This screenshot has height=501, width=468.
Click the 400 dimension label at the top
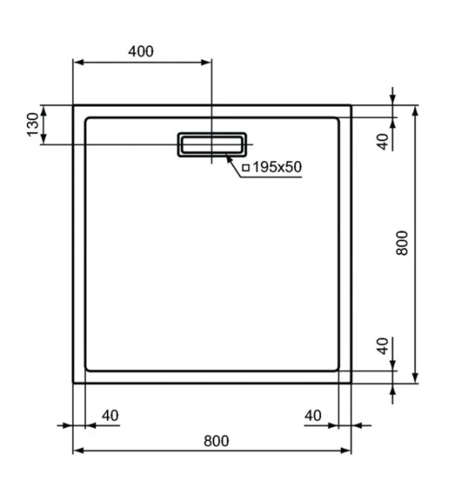[140, 51]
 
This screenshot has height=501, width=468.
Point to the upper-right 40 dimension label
[383, 141]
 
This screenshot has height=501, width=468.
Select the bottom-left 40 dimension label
[109, 415]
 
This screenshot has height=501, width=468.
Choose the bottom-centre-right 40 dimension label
[313, 415]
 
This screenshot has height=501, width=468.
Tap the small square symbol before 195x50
[246, 168]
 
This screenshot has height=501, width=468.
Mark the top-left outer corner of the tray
[74, 105]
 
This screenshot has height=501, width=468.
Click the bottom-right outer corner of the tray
[351, 383]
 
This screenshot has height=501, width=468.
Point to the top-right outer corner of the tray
[351, 105]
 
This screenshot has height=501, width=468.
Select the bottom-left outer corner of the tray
[74, 383]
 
